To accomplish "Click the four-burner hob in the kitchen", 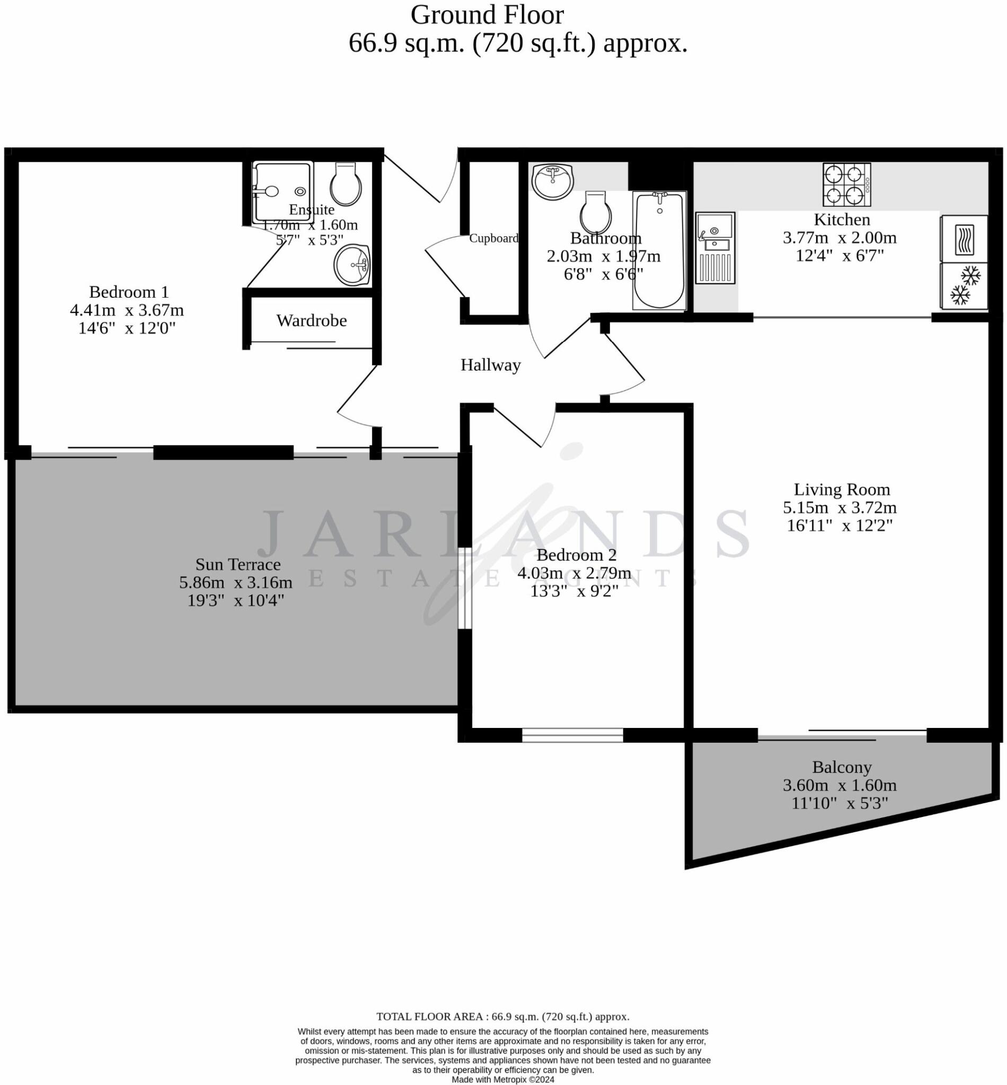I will click(847, 185).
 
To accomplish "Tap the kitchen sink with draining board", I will click(715, 248).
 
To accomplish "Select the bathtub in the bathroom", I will click(659, 251).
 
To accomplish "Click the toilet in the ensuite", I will click(346, 184).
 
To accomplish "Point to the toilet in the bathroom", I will click(596, 212).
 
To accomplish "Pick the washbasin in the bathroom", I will click(553, 181).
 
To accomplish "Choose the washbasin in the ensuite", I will click(352, 264).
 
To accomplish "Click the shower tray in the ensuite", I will click(283, 192).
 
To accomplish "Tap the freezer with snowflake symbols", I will click(964, 286).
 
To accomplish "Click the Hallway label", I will click(490, 365).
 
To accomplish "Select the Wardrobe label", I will click(311, 321).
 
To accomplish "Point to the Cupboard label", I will click(493, 238).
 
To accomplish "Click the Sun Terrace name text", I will click(238, 564).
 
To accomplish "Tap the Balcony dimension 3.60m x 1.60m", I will click(839, 785).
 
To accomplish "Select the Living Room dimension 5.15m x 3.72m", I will click(839, 507).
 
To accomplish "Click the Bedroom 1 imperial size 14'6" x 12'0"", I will click(127, 328).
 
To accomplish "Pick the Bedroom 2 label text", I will click(576, 555).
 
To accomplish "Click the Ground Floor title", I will click(487, 15).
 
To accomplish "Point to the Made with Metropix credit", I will click(503, 1079).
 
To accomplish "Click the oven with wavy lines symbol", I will click(964, 238).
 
